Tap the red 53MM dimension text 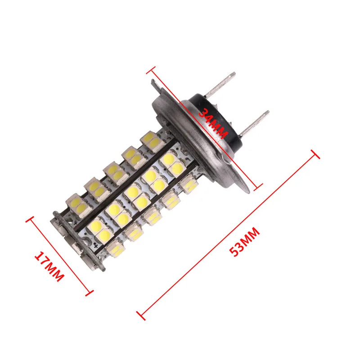(245, 242)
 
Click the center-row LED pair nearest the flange (168, 161)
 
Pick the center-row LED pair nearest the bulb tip (99, 227)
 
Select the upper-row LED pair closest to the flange (151, 140)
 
